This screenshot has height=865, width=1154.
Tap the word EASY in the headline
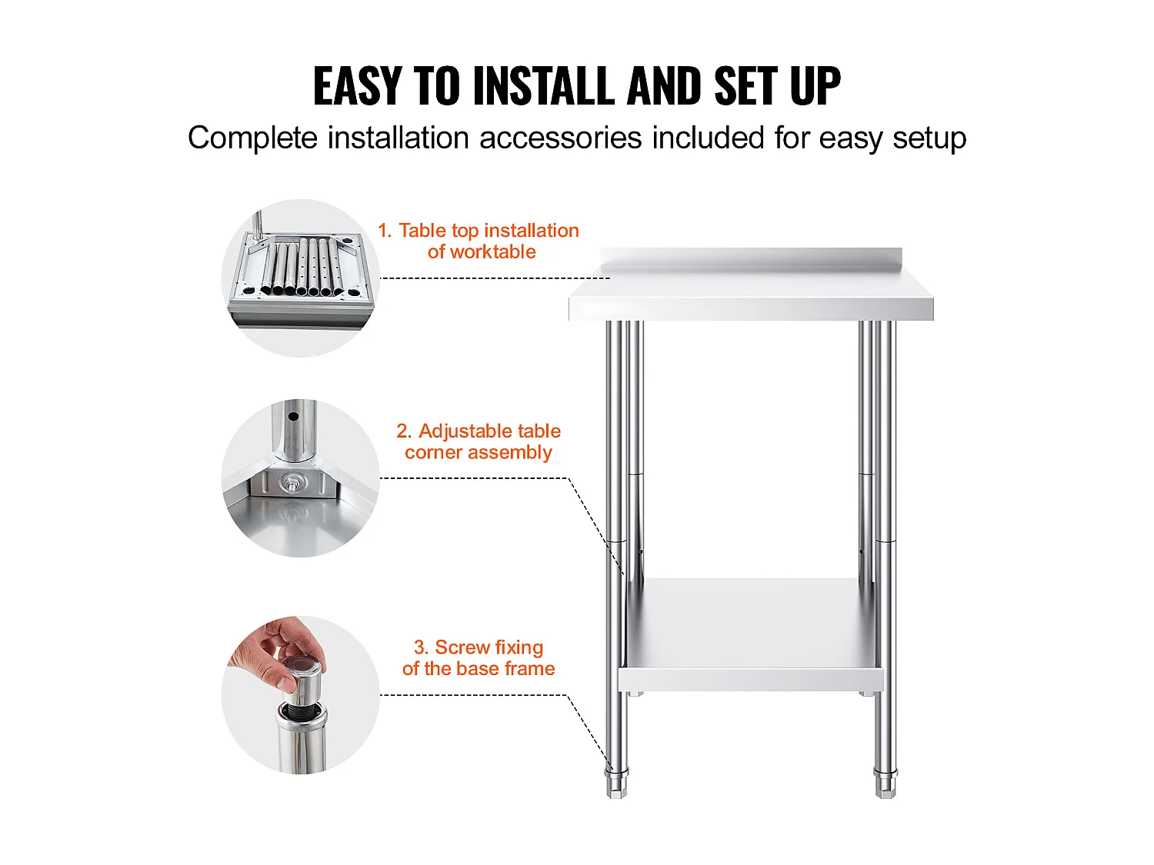click(357, 86)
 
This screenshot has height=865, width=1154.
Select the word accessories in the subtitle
click(560, 138)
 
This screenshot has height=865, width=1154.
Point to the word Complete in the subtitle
click(252, 138)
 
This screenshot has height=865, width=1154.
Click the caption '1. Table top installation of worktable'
click(479, 241)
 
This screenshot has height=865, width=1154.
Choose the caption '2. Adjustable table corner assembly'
click(479, 441)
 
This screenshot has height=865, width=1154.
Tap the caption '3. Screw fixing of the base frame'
click(479, 658)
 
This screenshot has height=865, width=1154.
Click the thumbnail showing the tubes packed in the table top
click(301, 278)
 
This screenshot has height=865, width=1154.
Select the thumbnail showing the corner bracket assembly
click(301, 478)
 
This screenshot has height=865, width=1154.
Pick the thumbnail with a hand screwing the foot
click(301, 695)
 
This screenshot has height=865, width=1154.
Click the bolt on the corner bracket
click(291, 481)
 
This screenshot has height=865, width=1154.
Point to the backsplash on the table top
click(752, 259)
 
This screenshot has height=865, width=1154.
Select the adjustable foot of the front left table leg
click(617, 783)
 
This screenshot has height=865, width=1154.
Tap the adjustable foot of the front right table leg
click(886, 783)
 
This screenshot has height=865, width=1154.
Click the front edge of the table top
click(752, 309)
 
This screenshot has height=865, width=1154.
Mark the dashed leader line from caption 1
click(495, 278)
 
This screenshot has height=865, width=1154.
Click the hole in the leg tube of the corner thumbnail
click(293, 417)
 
